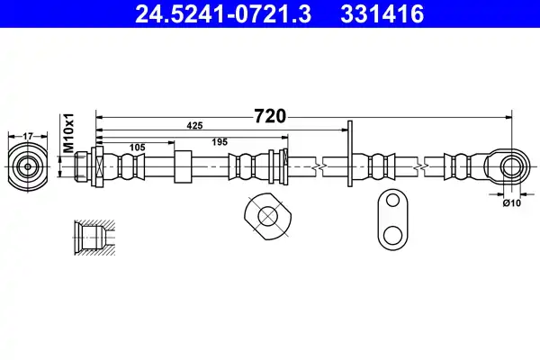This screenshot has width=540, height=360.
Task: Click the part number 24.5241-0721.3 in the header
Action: [223, 14]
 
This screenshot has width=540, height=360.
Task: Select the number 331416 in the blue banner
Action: [382, 14]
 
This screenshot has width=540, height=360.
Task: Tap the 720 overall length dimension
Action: [270, 116]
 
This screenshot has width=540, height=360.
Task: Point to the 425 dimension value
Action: [194, 126]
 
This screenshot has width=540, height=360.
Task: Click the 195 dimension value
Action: [220, 142]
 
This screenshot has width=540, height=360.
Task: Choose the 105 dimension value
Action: [137, 148]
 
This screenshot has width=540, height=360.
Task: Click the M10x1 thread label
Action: [69, 132]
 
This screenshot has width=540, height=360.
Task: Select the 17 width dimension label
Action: [28, 137]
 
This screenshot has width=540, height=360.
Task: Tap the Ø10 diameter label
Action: [512, 203]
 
